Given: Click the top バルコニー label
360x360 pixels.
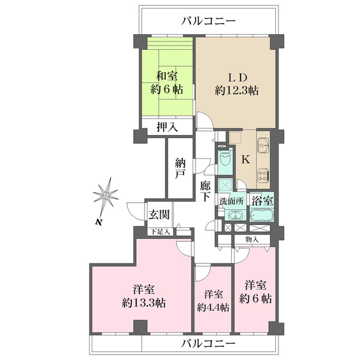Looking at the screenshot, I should (208, 21).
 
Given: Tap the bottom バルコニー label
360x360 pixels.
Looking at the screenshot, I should (208, 344).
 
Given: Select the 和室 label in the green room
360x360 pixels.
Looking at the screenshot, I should (167, 76).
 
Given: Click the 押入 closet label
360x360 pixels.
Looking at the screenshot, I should (167, 127).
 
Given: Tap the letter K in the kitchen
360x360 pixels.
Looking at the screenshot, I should (245, 160).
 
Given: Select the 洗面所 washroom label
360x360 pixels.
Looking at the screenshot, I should (231, 201).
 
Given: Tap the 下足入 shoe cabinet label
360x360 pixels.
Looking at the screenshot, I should (160, 232).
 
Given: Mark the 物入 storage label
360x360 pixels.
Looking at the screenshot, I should (253, 239).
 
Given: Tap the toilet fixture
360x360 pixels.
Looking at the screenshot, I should (225, 159).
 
